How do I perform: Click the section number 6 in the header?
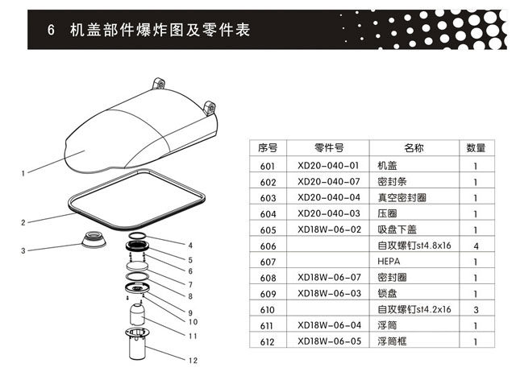(50, 31)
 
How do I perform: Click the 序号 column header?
(268, 148)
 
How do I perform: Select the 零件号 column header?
(328, 148)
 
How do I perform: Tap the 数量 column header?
(476, 148)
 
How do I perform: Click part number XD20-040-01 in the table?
(327, 165)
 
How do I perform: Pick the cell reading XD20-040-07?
(327, 181)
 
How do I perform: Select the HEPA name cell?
(389, 262)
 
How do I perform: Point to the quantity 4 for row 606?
(476, 245)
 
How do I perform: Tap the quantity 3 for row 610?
(476, 309)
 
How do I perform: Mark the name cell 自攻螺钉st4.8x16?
(413, 246)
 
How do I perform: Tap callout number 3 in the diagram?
(24, 251)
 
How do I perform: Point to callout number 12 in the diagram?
(193, 360)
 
